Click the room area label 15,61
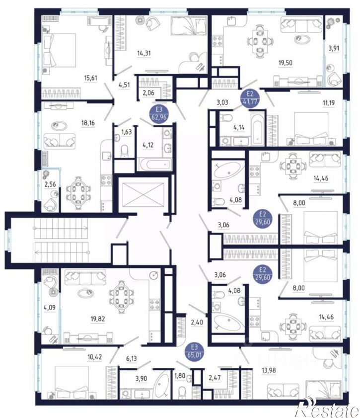[90, 78]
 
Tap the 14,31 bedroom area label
[144, 53]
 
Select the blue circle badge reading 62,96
[159, 113]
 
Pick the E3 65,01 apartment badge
[194, 351]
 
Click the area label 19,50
[286, 63]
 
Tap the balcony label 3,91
[334, 48]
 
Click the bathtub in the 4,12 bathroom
[155, 165]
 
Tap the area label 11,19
[329, 102]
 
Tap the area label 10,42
[95, 357]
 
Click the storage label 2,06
[148, 93]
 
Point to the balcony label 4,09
[50, 308]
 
